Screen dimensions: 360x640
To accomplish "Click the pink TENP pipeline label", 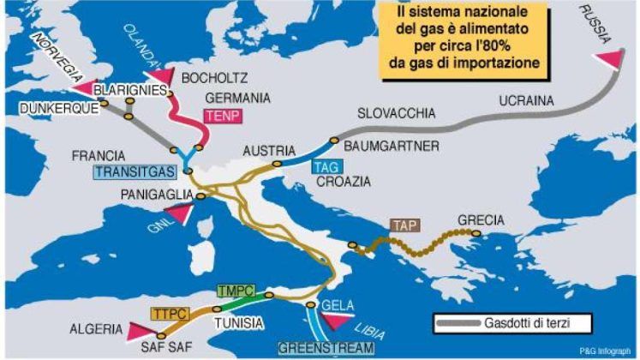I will (218, 114).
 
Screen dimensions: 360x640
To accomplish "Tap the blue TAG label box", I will (322, 166).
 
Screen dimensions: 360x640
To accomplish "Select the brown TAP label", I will (403, 226).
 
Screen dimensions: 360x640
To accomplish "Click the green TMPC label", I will (236, 291).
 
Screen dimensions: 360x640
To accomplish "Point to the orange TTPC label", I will (170, 313).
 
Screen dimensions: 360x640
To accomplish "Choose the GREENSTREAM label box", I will (326, 348).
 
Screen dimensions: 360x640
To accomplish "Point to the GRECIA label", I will (481, 220).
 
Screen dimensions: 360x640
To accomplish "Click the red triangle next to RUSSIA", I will (609, 58).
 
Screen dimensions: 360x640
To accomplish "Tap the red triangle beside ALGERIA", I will (139, 330).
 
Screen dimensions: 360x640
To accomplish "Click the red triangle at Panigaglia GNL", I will (179, 213).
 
